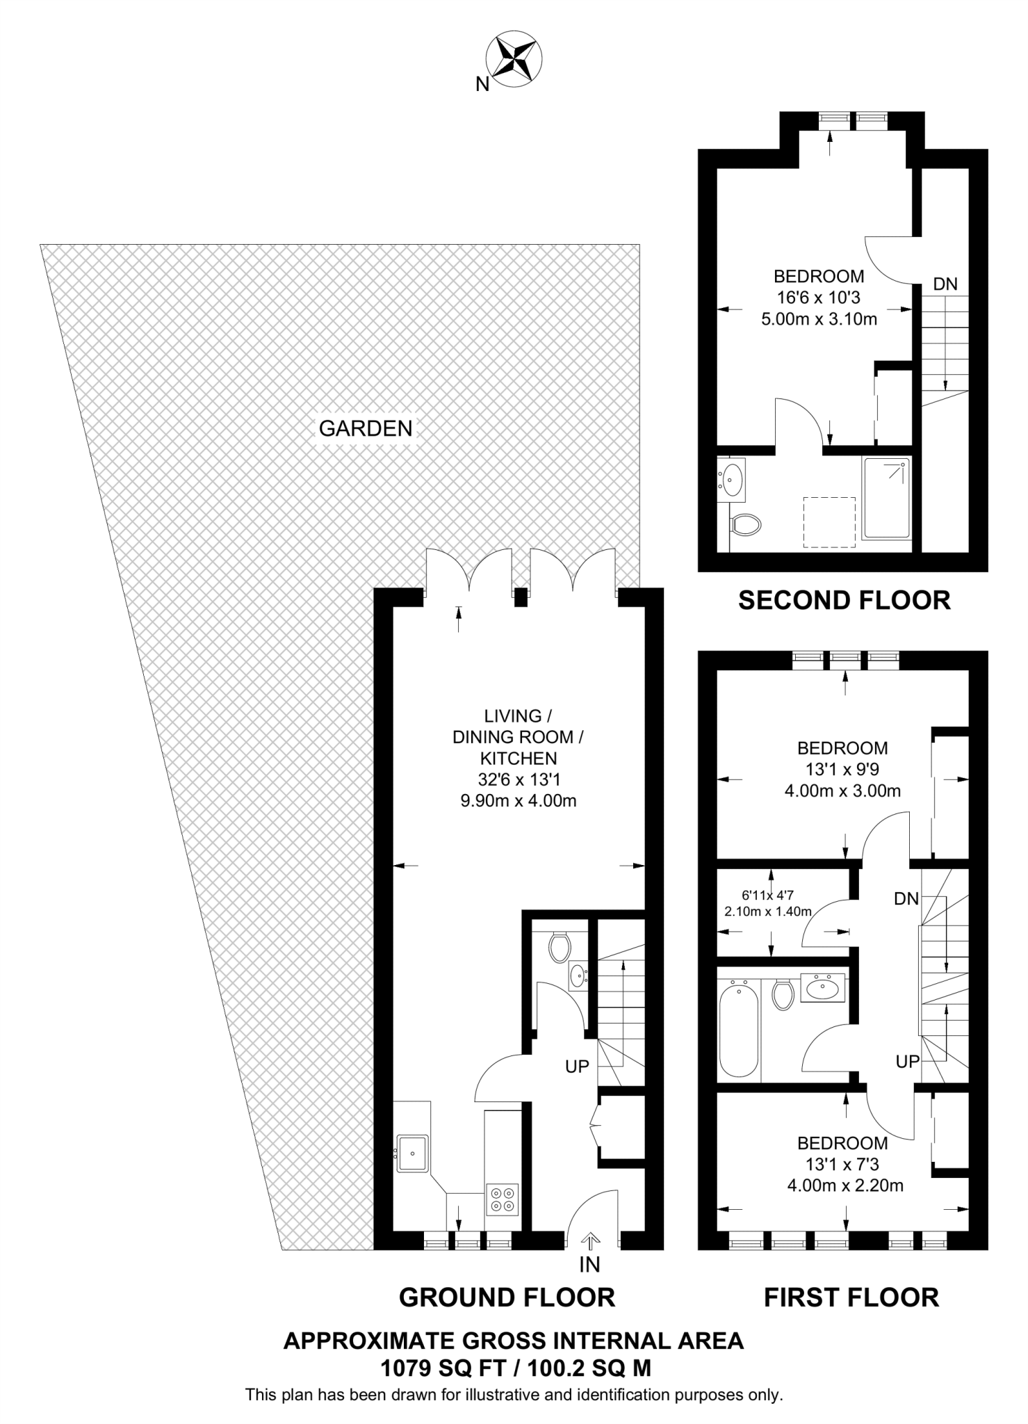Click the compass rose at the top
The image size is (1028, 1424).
(514, 61)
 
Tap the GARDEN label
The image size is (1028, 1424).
(366, 428)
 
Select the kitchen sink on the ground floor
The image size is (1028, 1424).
(412, 1153)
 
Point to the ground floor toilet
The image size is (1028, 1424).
(560, 948)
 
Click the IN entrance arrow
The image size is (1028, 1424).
(590, 1241)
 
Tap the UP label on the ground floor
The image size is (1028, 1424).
(577, 1067)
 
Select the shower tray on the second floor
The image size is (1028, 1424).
(886, 498)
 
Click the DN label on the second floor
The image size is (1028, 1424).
(945, 284)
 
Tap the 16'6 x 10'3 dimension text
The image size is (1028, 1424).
(819, 298)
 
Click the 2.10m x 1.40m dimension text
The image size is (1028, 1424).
(767, 912)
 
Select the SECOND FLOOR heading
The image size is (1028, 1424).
(844, 600)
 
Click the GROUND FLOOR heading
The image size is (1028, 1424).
(507, 1297)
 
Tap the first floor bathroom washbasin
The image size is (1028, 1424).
(824, 987)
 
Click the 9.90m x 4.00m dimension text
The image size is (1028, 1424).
(519, 800)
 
